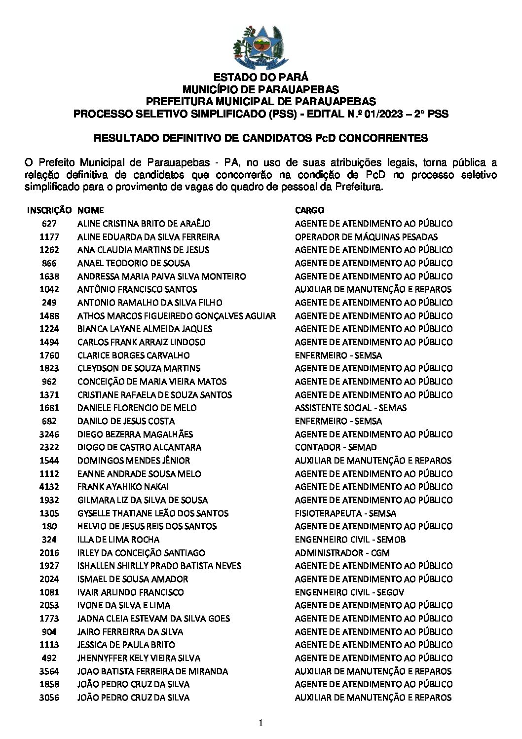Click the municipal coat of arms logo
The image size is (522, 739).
(261, 46)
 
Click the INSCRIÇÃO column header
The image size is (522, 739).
(49, 210)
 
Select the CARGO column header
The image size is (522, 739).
(310, 210)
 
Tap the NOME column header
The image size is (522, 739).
(90, 210)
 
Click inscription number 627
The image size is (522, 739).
(49, 224)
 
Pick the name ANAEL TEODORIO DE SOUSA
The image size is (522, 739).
(134, 263)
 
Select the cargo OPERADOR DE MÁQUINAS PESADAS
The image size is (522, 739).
(366, 237)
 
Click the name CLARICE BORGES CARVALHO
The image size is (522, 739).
(134, 355)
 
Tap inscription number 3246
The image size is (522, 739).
(49, 434)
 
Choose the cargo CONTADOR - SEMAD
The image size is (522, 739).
(336, 447)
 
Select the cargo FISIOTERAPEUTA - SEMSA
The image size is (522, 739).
(345, 513)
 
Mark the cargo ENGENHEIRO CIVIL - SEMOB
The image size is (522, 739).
(350, 540)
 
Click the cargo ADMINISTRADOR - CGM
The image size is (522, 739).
(342, 553)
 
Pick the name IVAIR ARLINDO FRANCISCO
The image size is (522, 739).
(131, 592)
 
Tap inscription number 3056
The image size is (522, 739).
(49, 698)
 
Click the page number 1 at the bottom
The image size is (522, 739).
(261, 724)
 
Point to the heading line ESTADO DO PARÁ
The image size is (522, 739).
(261, 78)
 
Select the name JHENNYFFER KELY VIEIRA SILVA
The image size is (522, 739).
(139, 658)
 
